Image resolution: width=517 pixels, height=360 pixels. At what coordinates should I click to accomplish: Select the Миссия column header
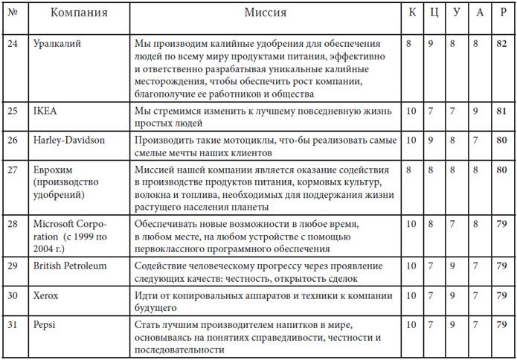pyautogui.click(x=266, y=13)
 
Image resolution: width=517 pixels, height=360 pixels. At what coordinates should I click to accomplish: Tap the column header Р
pyautogui.click(x=502, y=13)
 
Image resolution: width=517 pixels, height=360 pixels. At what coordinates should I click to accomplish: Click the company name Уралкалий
pyautogui.click(x=58, y=45)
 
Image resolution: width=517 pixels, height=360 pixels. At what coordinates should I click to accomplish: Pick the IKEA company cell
pyautogui.click(x=45, y=112)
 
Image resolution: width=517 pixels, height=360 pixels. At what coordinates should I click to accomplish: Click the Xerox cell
pyautogui.click(x=45, y=295)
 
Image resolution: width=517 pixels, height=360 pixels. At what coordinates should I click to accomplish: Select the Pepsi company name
pyautogui.click(x=45, y=324)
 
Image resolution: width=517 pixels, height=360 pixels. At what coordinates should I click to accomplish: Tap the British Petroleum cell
pyautogui.click(x=70, y=266)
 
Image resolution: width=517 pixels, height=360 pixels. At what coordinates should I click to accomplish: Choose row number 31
pyautogui.click(x=12, y=324)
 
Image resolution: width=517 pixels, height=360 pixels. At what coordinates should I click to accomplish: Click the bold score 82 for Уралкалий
pyautogui.click(x=502, y=45)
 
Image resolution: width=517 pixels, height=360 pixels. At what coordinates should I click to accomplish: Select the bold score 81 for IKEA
pyautogui.click(x=502, y=112)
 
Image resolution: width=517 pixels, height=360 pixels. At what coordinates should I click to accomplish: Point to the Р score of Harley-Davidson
pyautogui.click(x=502, y=140)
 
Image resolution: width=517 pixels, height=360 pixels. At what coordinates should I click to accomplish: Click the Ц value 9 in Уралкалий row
pyautogui.click(x=433, y=45)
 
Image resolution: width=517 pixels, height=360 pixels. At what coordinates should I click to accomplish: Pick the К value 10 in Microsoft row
pyautogui.click(x=411, y=222)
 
